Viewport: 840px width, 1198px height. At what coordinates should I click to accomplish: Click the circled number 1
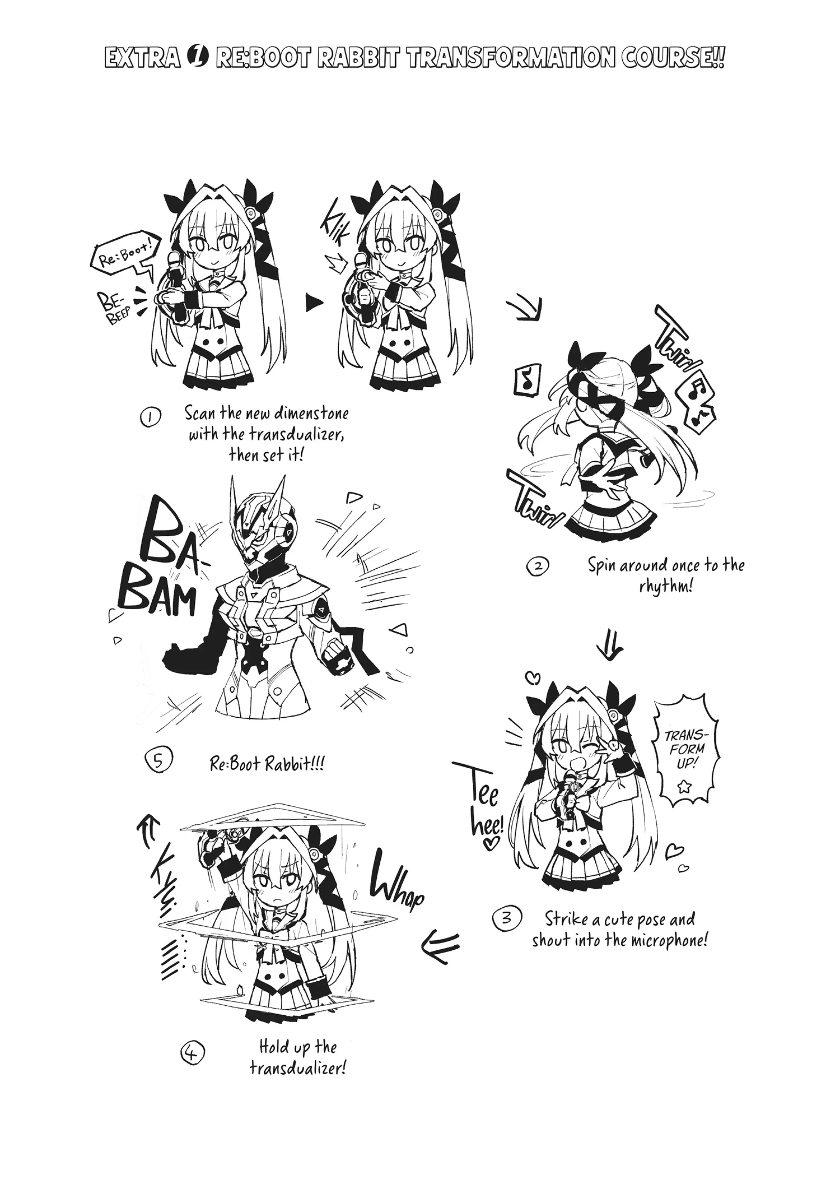point(150,417)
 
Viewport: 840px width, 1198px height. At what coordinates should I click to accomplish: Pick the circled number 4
point(192,1053)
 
